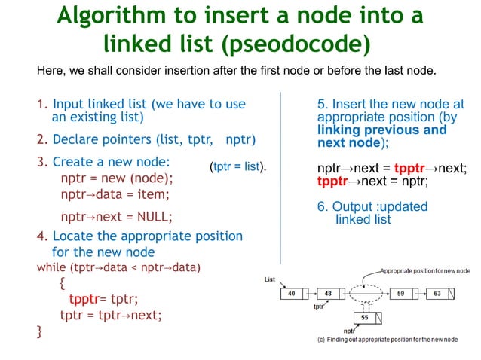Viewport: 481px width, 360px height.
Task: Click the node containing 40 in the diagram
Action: click(x=290, y=293)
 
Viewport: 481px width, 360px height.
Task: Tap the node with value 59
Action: click(x=401, y=293)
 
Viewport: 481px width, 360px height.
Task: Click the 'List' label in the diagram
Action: click(x=270, y=279)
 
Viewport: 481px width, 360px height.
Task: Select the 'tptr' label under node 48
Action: click(x=318, y=307)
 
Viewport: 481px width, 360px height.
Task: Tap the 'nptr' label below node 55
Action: click(x=349, y=331)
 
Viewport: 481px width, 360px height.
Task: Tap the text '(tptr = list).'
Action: click(x=238, y=166)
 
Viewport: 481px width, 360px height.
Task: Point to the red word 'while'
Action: click(x=51, y=267)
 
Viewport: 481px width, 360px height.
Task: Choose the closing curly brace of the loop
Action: click(x=39, y=331)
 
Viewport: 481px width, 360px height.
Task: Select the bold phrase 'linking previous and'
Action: click(x=381, y=130)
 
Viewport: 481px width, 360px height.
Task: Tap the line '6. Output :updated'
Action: click(x=372, y=206)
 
